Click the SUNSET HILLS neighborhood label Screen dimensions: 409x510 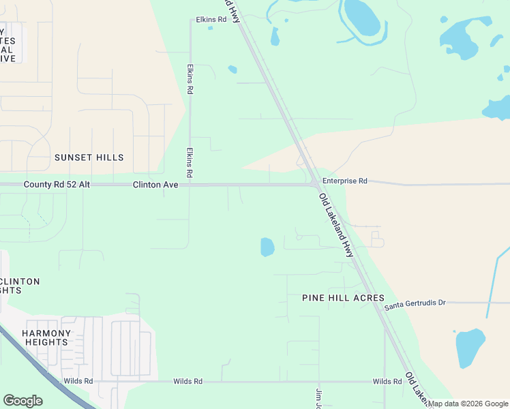89,157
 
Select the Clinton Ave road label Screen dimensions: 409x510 155,185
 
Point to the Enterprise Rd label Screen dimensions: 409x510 345,181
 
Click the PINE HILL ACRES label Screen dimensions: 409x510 344,299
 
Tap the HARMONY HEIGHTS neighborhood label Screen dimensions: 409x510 46,337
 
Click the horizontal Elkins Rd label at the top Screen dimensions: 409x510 211,20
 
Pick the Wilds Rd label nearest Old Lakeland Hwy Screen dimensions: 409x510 387,382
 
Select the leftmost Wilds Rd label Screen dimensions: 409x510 78,382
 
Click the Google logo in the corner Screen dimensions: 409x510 22,401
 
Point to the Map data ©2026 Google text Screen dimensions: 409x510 468,404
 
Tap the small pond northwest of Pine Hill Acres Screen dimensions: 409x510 267,247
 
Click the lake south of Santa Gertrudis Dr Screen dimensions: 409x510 470,348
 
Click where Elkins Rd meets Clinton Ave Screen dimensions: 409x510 190,185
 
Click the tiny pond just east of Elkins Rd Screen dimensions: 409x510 232,69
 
